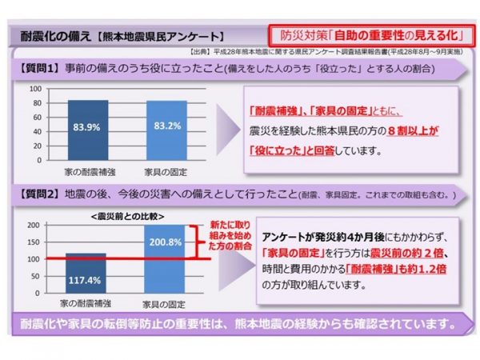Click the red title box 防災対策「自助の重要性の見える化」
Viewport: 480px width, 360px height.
pos(367,36)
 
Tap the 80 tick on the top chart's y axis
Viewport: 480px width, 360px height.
pos(36,103)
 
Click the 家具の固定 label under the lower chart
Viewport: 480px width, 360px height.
pos(166,304)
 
